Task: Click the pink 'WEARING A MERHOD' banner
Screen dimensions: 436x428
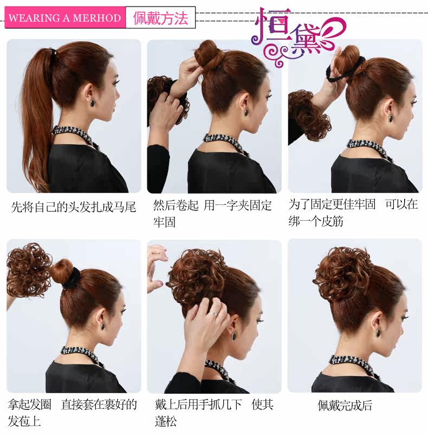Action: [64, 18]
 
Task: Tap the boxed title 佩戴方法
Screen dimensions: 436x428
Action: [160, 18]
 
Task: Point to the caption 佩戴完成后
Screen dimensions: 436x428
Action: [345, 405]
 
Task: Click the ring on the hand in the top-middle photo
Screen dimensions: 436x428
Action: [170, 100]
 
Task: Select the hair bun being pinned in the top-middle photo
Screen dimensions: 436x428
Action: [209, 54]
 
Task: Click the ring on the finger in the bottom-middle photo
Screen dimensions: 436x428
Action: [215, 313]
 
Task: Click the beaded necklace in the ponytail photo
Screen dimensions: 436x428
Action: [73, 134]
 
